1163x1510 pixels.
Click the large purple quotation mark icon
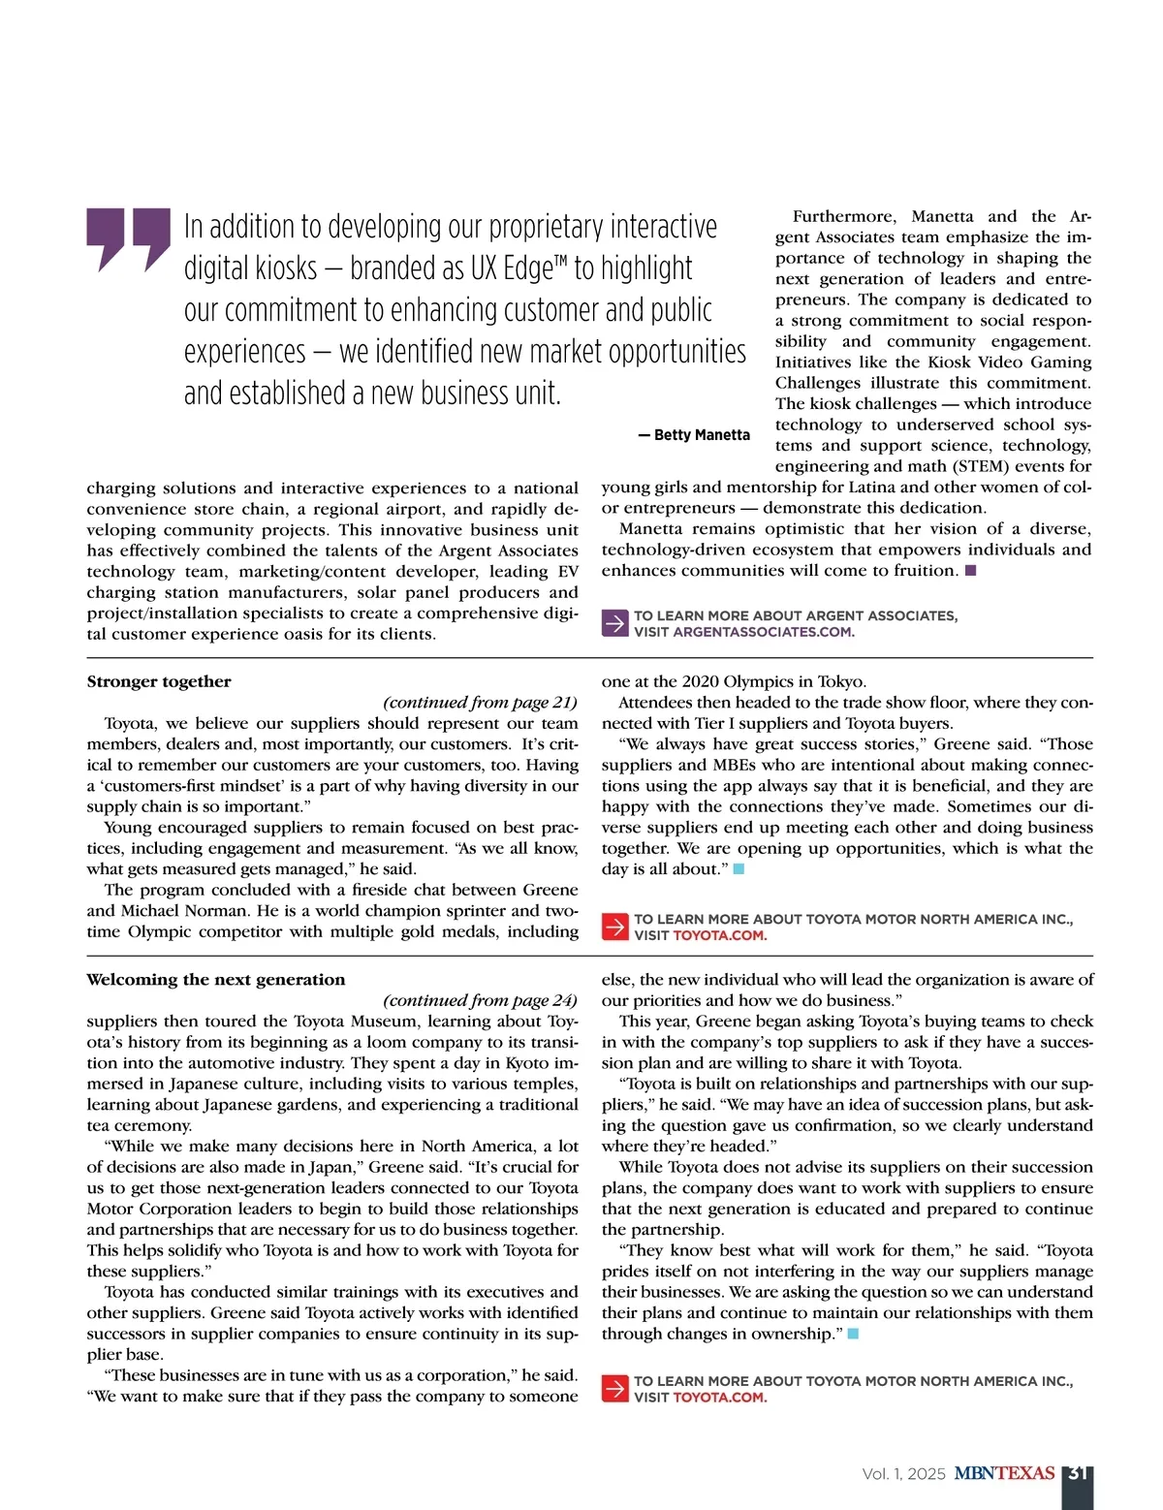tap(128, 238)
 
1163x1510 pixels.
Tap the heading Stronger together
tap(159, 681)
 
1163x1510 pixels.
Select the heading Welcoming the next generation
tap(215, 980)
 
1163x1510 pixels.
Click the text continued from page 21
tap(480, 703)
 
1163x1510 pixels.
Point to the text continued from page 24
tap(480, 1000)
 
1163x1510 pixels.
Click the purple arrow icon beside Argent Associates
tap(614, 623)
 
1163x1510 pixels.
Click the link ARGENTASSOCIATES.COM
tap(763, 632)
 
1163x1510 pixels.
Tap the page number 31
tap(1077, 1474)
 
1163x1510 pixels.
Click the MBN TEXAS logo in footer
tap(1004, 1474)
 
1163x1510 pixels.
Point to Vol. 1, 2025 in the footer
tap(903, 1474)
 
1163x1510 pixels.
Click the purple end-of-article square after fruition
tap(971, 571)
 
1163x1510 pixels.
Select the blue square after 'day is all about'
tap(739, 869)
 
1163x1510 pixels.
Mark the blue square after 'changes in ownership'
tap(853, 1335)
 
